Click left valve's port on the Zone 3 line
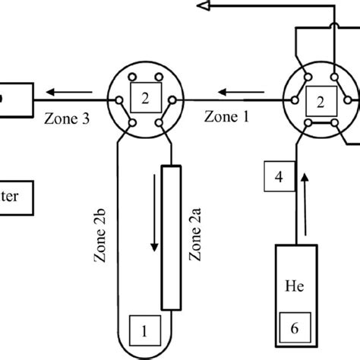[118, 99]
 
